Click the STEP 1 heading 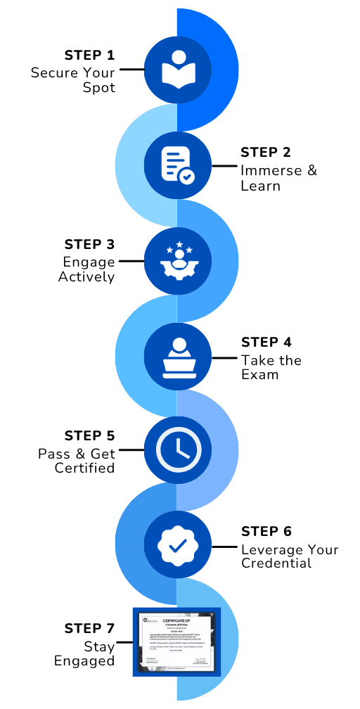coord(89,56)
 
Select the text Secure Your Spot coord(72,81)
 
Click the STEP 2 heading coord(266,153)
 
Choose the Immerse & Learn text coord(270,179)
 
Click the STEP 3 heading coord(89,245)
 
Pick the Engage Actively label coord(86,270)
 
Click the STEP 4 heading coord(266,343)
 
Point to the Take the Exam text coord(271,367)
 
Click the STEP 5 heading coord(89,436)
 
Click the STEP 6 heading coord(266,532)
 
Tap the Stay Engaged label coord(89,653)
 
